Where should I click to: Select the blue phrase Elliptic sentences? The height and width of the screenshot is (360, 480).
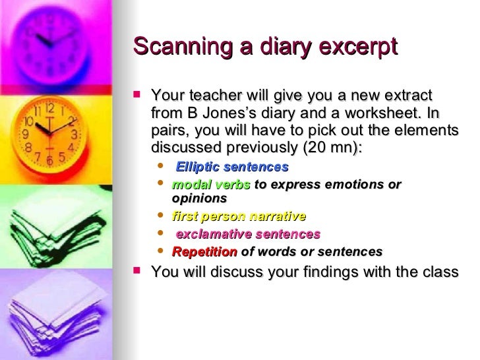point(232,167)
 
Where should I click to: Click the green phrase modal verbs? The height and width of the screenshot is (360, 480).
point(211,185)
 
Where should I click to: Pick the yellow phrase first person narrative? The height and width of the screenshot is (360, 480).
point(239,216)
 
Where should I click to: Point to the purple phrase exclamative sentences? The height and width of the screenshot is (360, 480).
point(248,234)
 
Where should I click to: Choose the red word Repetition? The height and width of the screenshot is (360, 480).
point(204,251)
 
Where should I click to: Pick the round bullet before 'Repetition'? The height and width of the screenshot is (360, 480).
point(162,251)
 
